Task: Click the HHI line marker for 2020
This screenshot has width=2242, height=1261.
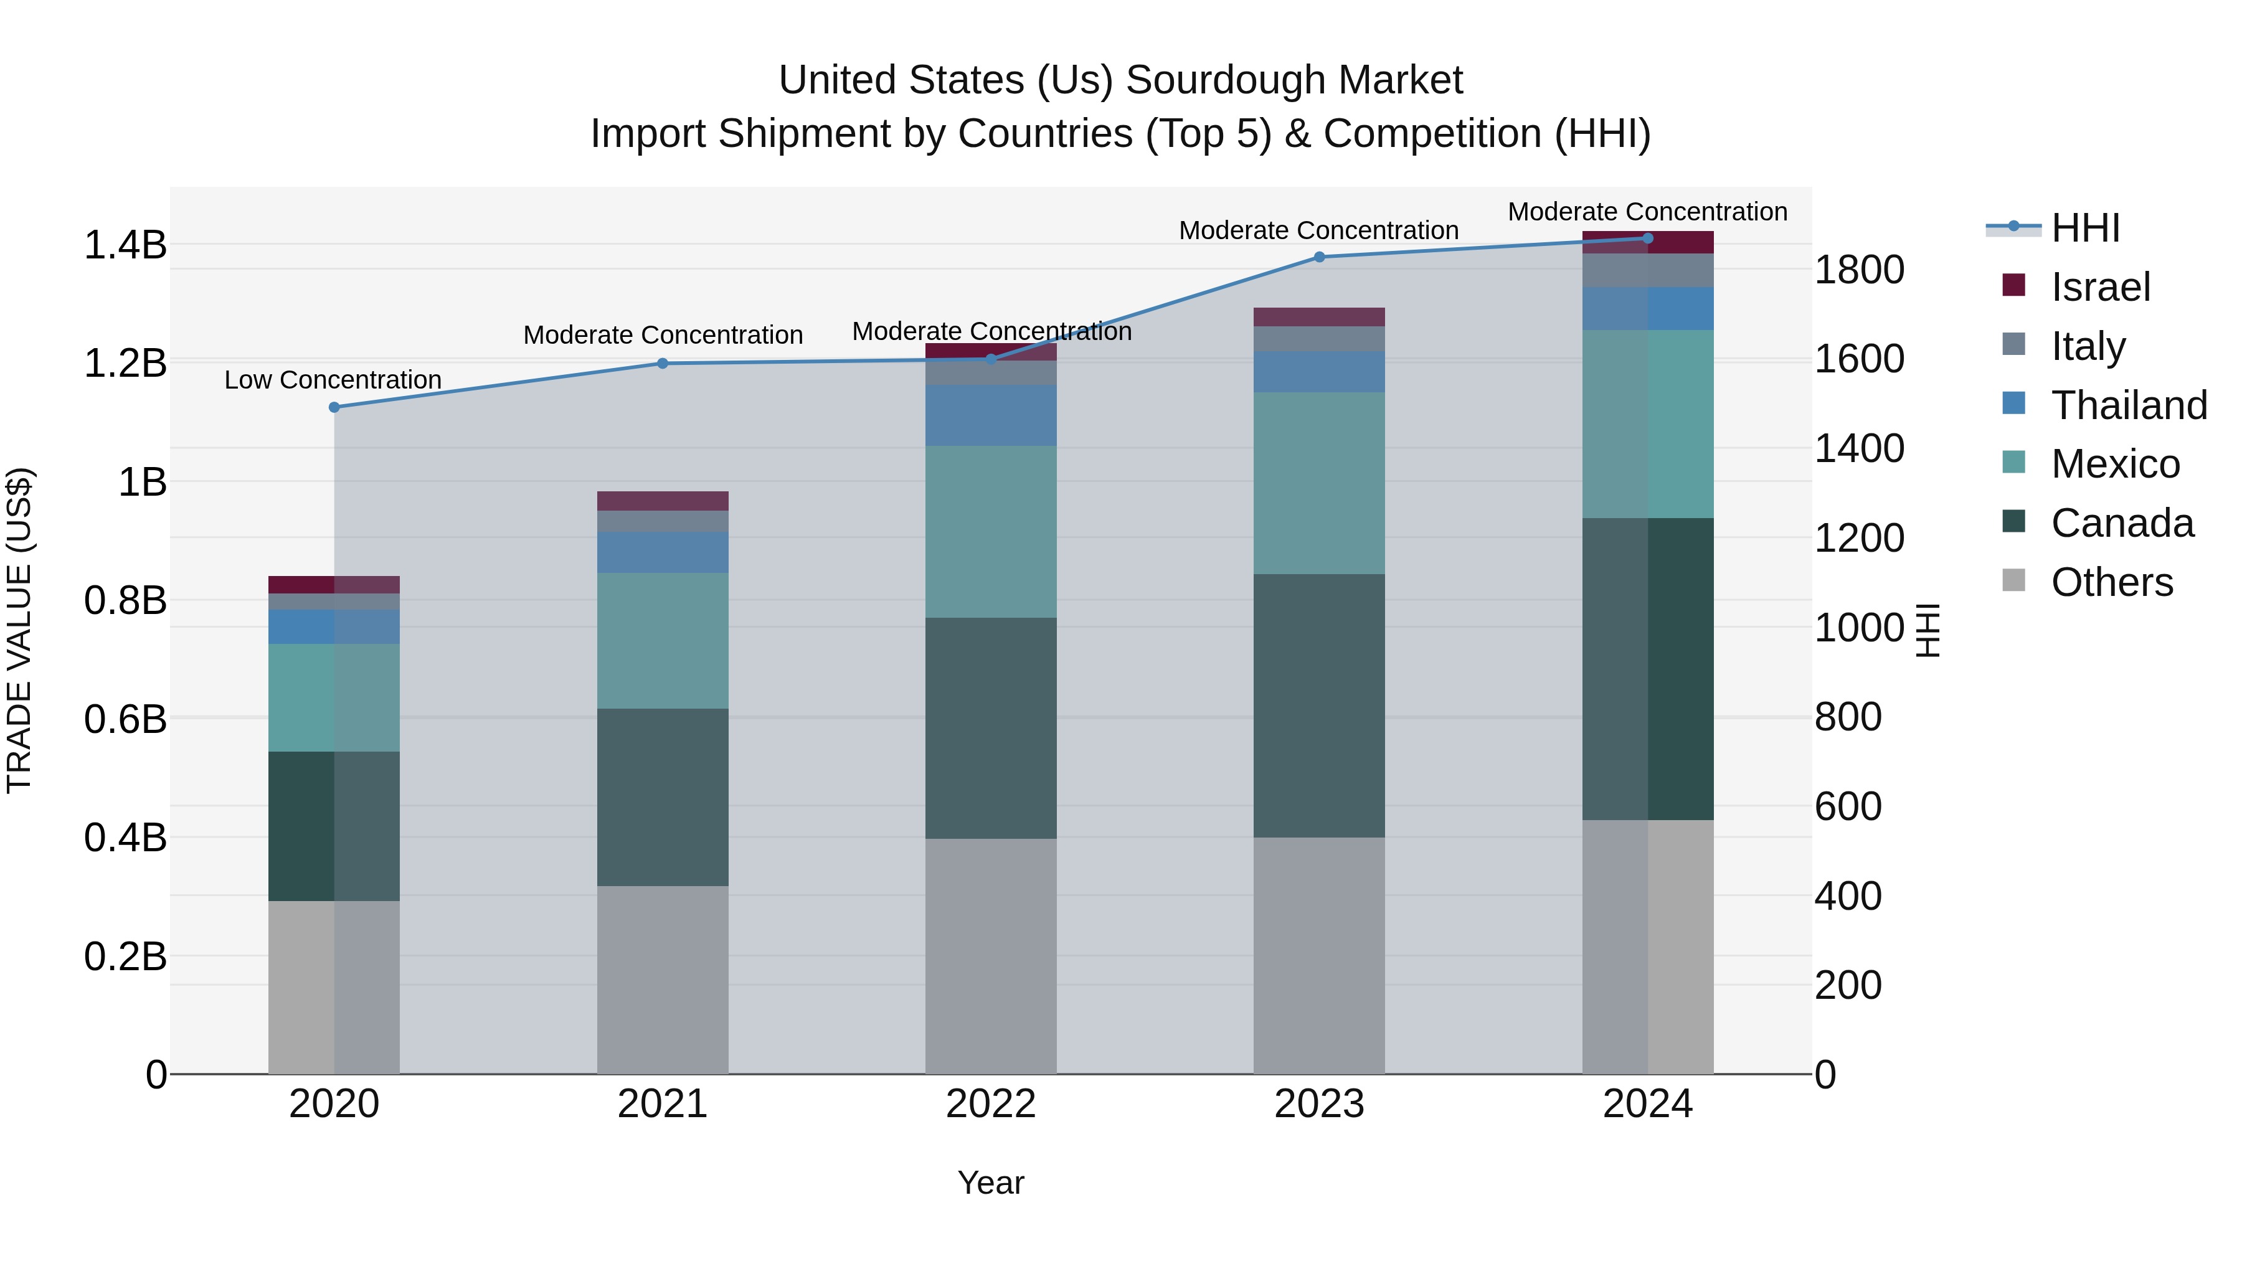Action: pyautogui.click(x=334, y=407)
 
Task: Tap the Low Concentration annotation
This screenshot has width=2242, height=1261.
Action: pyautogui.click(x=333, y=380)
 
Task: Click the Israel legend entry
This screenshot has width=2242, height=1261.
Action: pyautogui.click(x=2099, y=287)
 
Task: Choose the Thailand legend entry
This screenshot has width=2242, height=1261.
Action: pyautogui.click(x=2128, y=405)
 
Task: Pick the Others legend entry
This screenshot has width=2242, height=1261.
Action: pyautogui.click(x=2111, y=582)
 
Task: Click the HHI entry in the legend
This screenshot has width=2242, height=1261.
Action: pyautogui.click(x=2084, y=228)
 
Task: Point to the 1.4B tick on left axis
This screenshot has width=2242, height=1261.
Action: pyautogui.click(x=125, y=245)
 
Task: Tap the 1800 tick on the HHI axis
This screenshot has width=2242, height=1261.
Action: pyautogui.click(x=1859, y=270)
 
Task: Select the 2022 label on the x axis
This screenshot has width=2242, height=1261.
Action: pyautogui.click(x=990, y=1104)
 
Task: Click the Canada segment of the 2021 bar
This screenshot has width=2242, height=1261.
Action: pyautogui.click(x=663, y=796)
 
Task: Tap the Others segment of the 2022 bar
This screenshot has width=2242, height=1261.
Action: pyautogui.click(x=990, y=955)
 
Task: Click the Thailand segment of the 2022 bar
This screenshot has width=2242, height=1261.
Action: pyautogui.click(x=990, y=415)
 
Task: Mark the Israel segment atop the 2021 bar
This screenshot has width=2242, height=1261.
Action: pyautogui.click(x=663, y=501)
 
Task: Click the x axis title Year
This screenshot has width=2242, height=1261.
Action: pyautogui.click(x=990, y=1183)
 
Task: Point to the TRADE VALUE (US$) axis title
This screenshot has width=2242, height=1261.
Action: pyautogui.click(x=19, y=630)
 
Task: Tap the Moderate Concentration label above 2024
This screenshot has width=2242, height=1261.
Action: pyautogui.click(x=1647, y=212)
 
